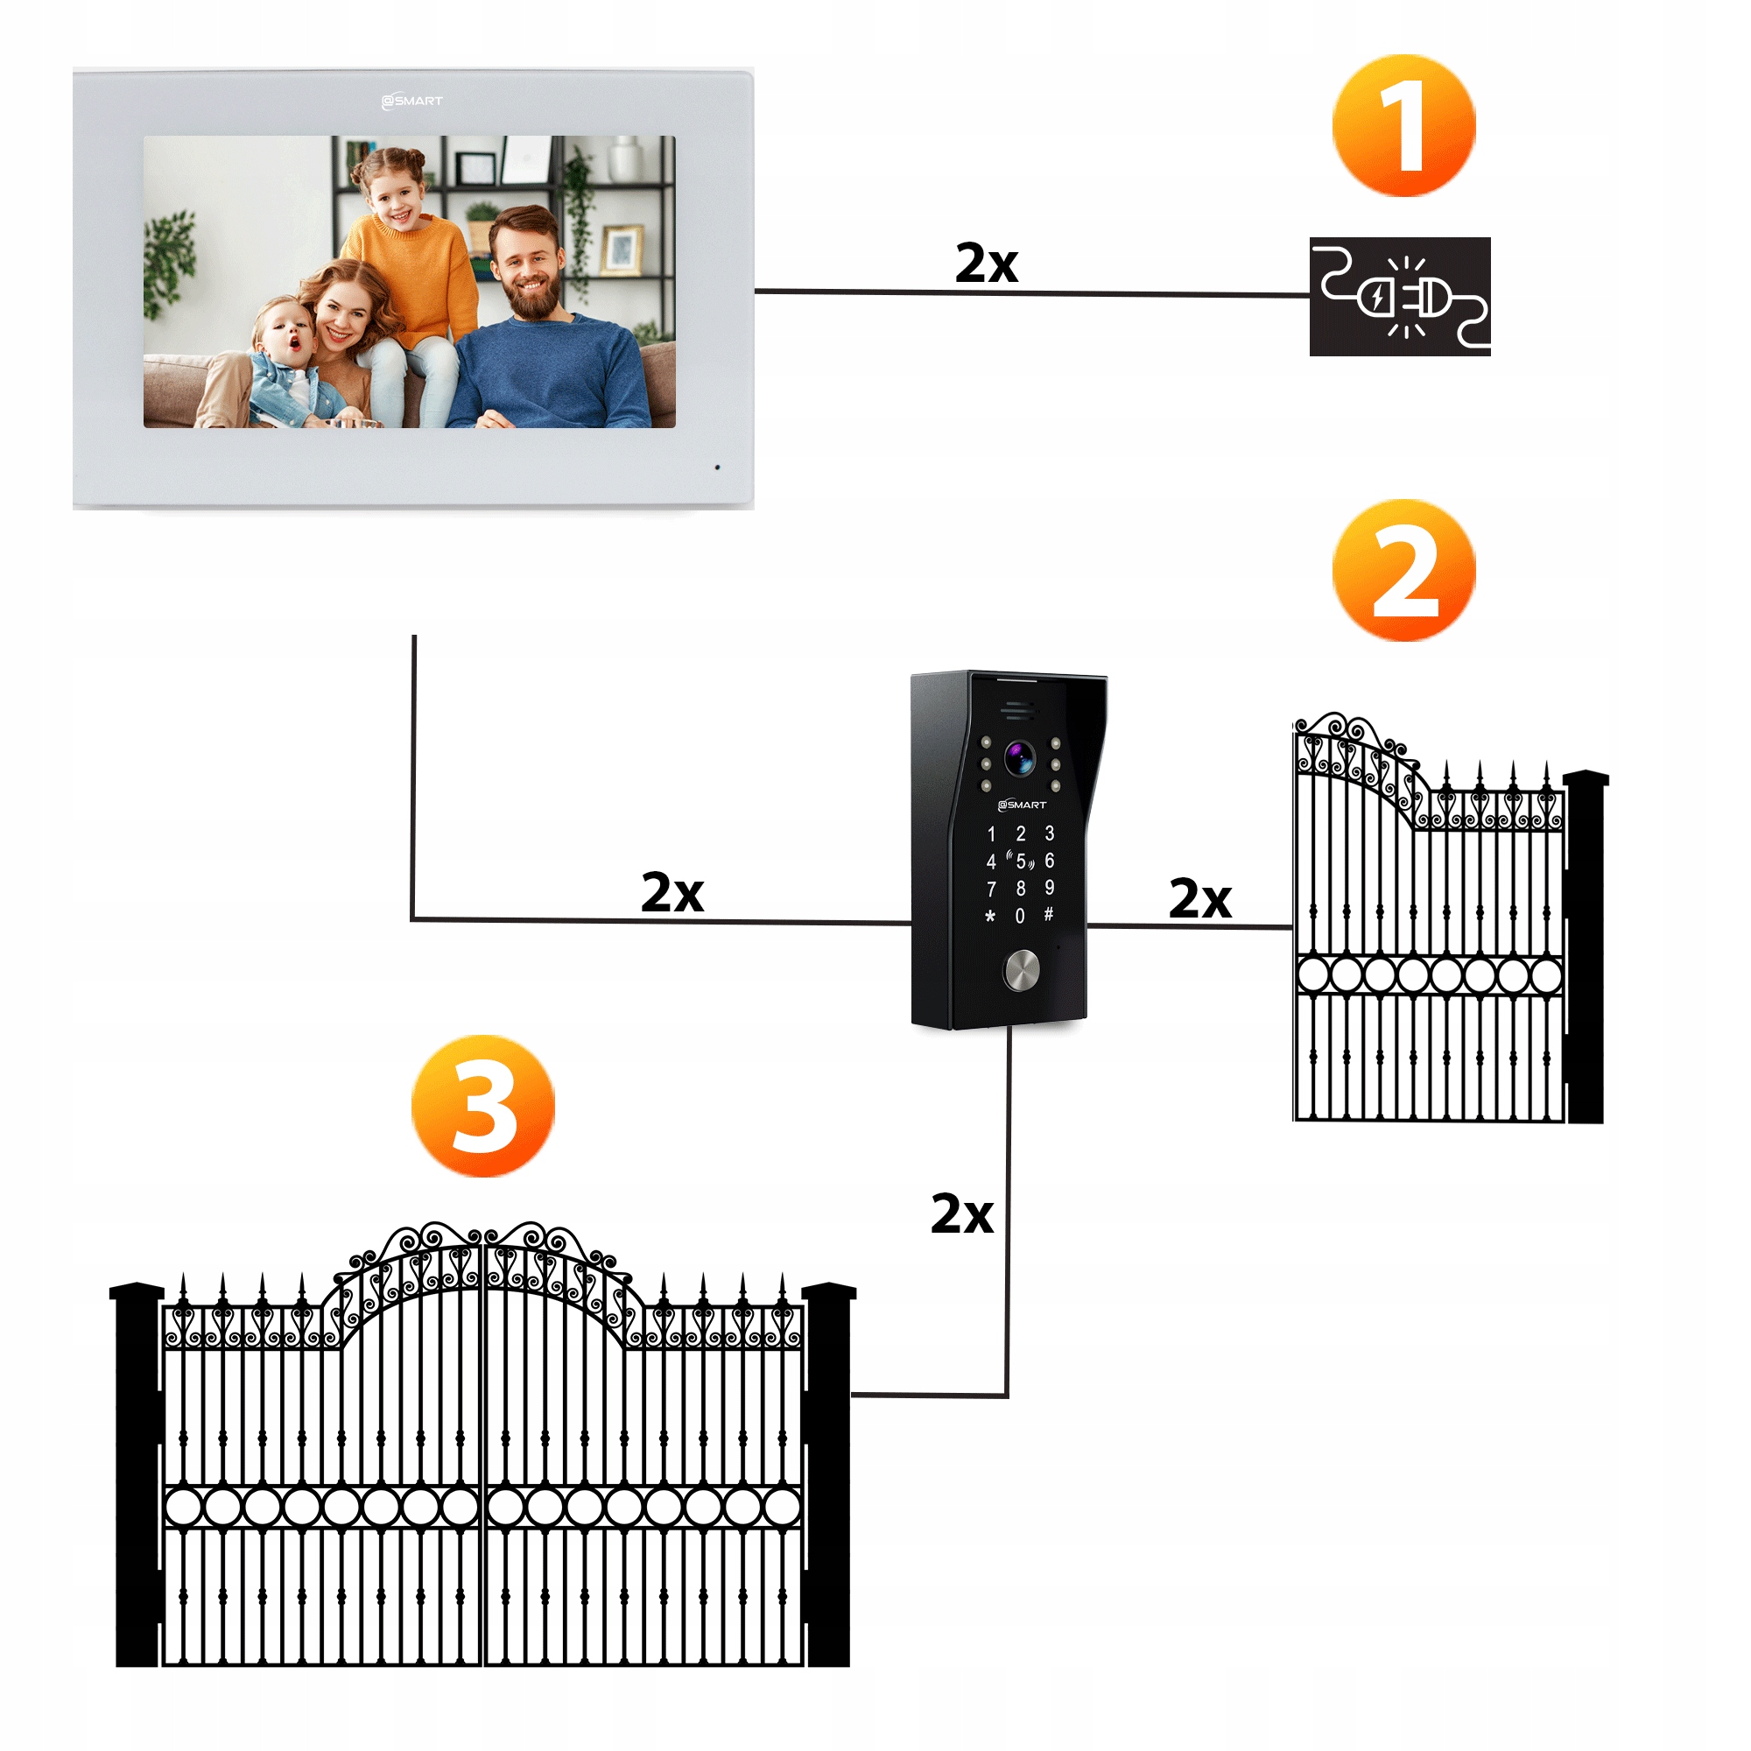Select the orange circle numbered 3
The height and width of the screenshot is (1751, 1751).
[x=482, y=1106]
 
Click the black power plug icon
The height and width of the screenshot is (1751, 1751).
[x=1399, y=297]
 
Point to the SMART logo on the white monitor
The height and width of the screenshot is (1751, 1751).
[x=412, y=101]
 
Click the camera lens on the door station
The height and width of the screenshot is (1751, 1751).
[x=1020, y=757]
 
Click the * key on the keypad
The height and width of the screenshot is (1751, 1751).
[x=989, y=917]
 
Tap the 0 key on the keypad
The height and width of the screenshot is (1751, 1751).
[x=1020, y=916]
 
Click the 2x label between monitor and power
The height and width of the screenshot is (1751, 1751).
[x=986, y=264]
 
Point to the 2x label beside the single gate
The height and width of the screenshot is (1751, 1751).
[x=1199, y=898]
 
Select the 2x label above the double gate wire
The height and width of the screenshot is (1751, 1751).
[x=961, y=1213]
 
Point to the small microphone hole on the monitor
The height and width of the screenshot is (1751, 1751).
[x=718, y=468]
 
